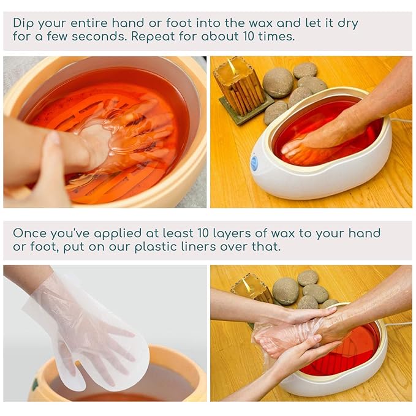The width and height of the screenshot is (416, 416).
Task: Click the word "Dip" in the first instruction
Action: pos(24,23)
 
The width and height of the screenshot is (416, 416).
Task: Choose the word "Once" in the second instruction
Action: pos(29,233)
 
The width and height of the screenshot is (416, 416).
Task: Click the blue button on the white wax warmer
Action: pos(254,163)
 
